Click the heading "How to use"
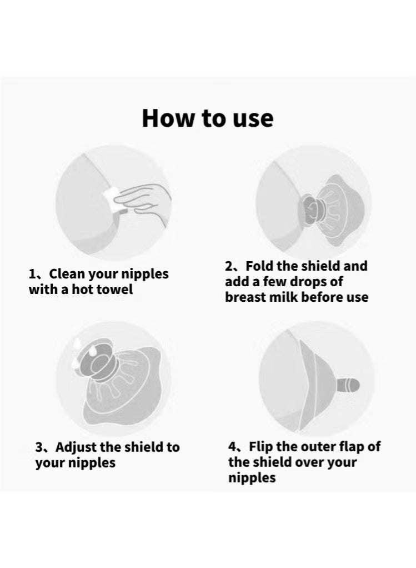pyautogui.click(x=208, y=118)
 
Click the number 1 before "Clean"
pyautogui.click(x=32, y=275)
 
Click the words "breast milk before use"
pyautogui.click(x=297, y=297)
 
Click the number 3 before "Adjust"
pyautogui.click(x=39, y=448)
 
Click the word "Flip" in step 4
pyautogui.click(x=261, y=447)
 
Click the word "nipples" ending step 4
pyautogui.click(x=252, y=478)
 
